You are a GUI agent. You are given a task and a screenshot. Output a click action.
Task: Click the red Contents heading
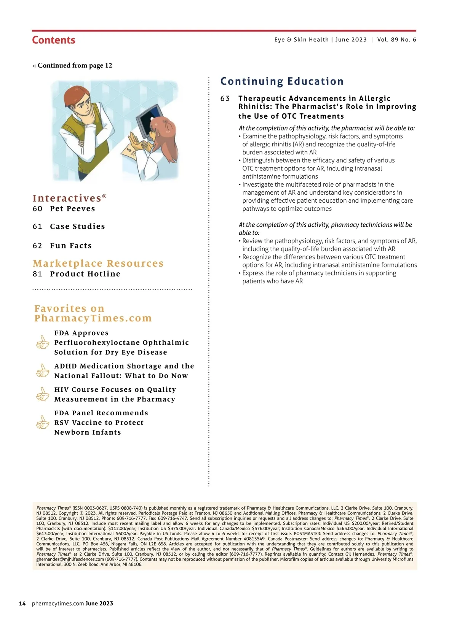coord(54,40)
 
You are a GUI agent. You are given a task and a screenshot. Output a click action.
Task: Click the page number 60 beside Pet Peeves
coord(37,209)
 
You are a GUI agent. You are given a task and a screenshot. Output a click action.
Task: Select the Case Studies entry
coord(77,227)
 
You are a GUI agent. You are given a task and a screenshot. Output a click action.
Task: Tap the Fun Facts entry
coord(71,246)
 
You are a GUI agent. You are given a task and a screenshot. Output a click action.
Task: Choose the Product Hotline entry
coord(85,274)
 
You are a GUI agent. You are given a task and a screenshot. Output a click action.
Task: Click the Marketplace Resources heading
coord(98,264)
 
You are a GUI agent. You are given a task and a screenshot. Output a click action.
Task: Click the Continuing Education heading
coord(282,81)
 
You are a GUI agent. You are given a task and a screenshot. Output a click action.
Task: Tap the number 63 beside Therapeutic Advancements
coord(225,99)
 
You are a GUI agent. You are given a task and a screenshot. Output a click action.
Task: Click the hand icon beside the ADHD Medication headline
coord(43,370)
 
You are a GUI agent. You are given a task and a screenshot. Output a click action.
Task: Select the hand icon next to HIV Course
coord(43,394)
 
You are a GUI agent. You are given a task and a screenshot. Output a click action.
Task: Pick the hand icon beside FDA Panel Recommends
coord(43,422)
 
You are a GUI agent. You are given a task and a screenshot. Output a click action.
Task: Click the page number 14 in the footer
coord(22,604)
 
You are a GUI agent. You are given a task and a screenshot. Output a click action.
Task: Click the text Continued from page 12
coord(75,65)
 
